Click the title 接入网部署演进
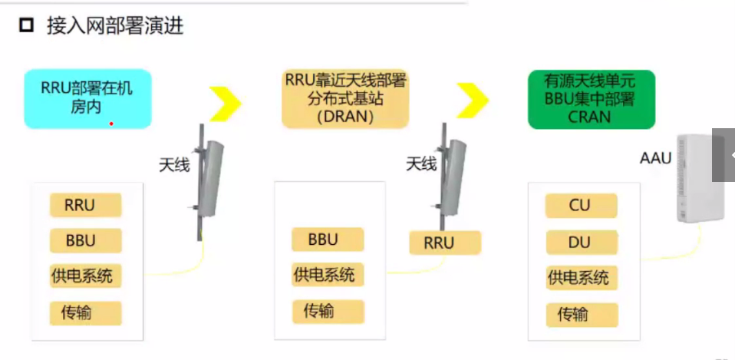tap(115, 27)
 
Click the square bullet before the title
tap(27, 27)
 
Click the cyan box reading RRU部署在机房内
tap(87, 97)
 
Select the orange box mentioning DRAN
tap(345, 97)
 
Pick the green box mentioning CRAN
tap(590, 98)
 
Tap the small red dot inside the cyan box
tap(111, 123)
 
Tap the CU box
tap(580, 206)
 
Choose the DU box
tap(580, 243)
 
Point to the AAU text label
tap(655, 159)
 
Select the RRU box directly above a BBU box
tap(86, 205)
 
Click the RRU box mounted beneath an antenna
tap(444, 243)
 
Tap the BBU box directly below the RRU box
tap(86, 240)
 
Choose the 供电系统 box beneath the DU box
tap(580, 277)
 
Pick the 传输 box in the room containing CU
tap(580, 314)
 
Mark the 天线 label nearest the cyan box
tap(174, 163)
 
